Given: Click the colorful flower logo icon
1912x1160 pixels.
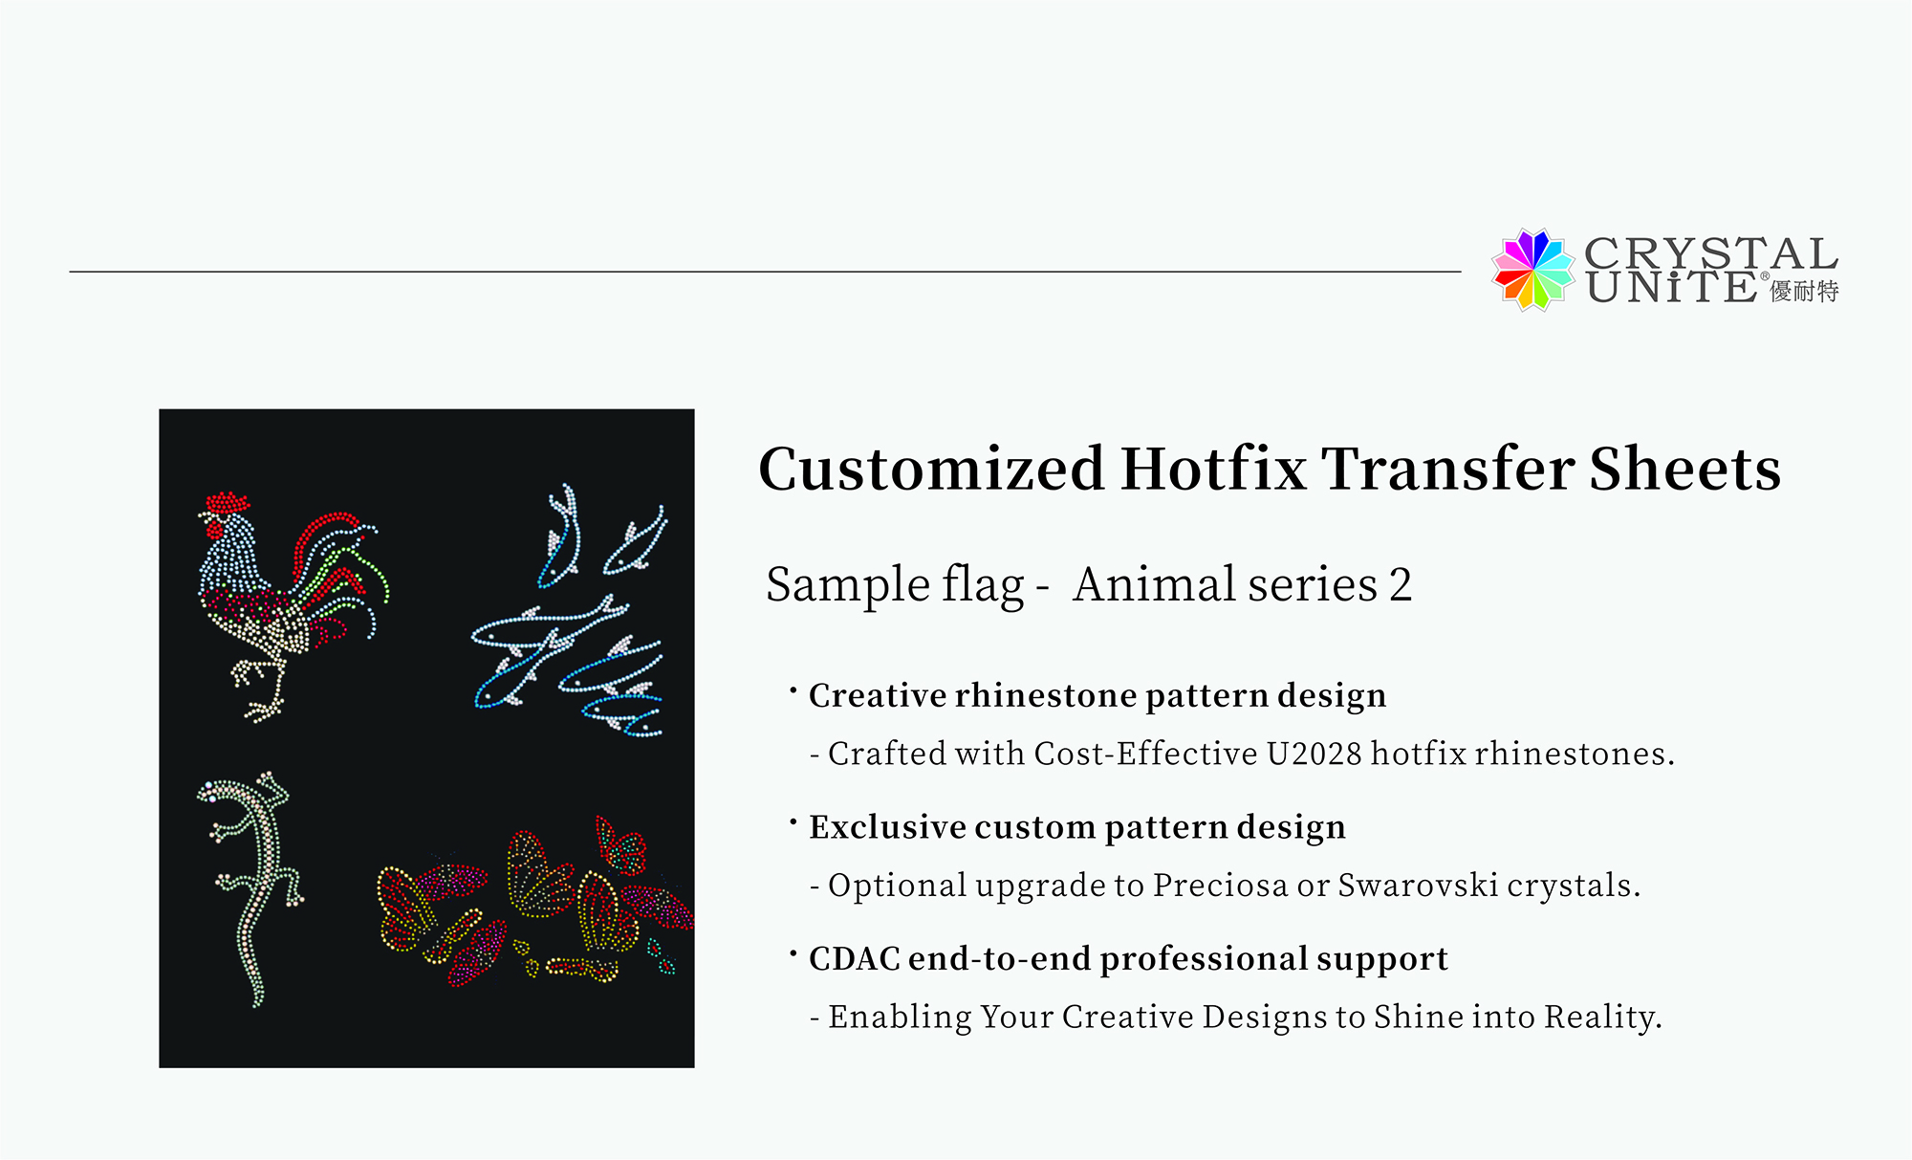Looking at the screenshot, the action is point(1532,270).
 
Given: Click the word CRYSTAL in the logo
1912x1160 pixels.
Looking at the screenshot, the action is point(1711,253).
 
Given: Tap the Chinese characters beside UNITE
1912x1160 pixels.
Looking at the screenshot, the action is point(1804,291).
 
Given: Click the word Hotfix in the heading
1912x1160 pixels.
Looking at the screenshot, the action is point(1213,469).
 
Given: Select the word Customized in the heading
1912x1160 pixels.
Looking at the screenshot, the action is point(932,469).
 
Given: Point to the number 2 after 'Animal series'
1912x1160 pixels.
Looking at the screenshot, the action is point(1401,584).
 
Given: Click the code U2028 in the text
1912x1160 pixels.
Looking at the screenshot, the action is point(1314,754).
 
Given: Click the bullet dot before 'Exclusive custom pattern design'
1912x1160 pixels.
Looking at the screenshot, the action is point(793,821).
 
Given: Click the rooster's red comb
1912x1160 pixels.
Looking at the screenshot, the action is point(228,502).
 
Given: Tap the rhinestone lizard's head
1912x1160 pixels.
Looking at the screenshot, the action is point(214,792).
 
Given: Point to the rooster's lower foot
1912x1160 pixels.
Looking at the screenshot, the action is point(263,710).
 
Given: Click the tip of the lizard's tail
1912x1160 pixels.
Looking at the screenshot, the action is point(257,1003).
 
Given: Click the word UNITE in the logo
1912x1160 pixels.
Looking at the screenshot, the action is point(1670,288).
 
